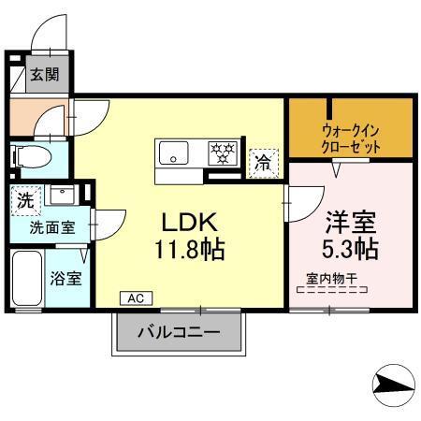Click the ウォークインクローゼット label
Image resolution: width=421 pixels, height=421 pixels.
point(350,139)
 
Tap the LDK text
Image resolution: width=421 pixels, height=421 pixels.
point(191,225)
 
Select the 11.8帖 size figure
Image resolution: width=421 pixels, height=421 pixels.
point(191,250)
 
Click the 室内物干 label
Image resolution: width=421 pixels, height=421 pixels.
point(333,277)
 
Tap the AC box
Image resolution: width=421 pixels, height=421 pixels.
point(135,298)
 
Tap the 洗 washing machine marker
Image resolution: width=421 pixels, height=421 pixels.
point(26,199)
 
